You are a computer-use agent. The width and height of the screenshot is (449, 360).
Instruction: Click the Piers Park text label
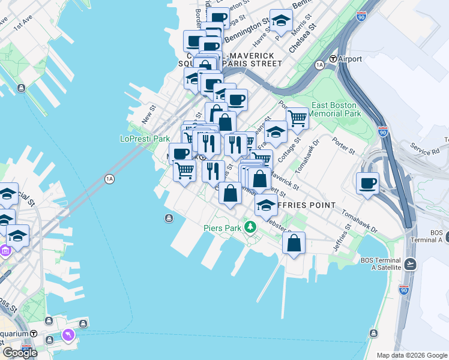click(221, 228)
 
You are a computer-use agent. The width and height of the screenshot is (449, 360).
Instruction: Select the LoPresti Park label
click(145, 139)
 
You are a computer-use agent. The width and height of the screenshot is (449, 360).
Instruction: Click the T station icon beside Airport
click(332, 59)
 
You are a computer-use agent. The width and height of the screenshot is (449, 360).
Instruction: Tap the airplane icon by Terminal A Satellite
click(411, 263)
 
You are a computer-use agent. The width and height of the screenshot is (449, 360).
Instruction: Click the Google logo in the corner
click(20, 353)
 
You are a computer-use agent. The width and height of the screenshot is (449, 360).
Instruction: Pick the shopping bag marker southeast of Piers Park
click(294, 243)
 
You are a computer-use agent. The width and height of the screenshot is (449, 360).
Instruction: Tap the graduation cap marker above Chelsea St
click(280, 22)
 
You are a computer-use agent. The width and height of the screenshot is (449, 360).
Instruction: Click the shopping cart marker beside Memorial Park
click(297, 118)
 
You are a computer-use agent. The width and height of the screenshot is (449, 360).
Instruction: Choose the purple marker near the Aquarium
click(68, 333)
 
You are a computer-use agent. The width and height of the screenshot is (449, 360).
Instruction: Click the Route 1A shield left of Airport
click(319, 64)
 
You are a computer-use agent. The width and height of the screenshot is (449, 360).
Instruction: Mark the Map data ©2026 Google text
click(412, 355)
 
